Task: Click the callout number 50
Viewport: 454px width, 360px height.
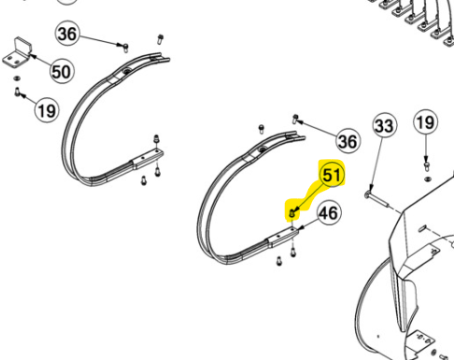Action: coord(62,71)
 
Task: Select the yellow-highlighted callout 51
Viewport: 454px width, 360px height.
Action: coord(333,175)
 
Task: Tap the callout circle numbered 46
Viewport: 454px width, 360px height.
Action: coord(329,213)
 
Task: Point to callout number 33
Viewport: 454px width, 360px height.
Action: coord(385,125)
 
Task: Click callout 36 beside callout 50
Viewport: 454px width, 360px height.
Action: coord(67,34)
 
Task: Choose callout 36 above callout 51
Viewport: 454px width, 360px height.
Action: coord(348,141)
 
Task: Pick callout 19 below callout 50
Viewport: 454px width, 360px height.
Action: coord(47,110)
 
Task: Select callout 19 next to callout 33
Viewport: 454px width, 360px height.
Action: coord(425,122)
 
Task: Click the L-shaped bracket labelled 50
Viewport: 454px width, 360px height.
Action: coord(18,53)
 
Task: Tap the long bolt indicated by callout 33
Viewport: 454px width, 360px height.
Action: coord(376,200)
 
